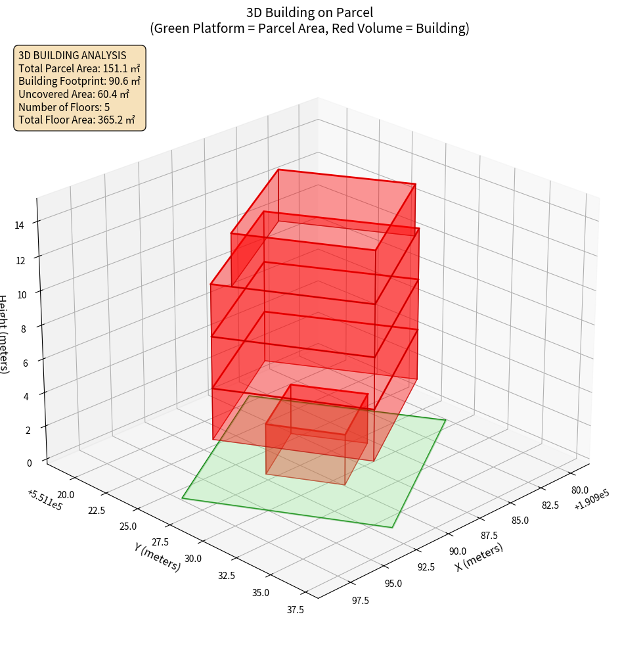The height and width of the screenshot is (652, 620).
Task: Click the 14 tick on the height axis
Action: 20,225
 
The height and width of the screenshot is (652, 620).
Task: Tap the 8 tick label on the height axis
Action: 23,328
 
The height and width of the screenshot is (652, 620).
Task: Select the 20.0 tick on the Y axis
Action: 66,494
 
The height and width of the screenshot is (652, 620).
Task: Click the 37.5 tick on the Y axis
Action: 295,609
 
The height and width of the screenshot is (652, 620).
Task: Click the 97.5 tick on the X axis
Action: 361,600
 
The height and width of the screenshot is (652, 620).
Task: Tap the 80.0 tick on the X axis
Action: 580,490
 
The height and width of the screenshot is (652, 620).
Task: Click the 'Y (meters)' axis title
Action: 157,556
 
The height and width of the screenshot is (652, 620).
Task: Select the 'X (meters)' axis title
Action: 479,557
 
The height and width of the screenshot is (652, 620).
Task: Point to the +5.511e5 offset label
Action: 45,500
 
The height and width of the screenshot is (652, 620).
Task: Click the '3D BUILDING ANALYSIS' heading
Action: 72,55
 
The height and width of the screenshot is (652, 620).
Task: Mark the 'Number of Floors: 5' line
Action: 64,106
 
